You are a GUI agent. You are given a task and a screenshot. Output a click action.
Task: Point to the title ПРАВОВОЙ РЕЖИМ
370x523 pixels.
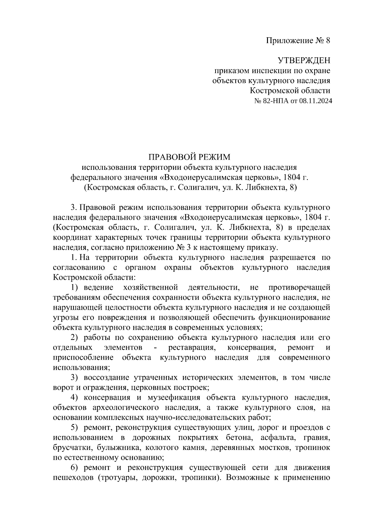point(189,157)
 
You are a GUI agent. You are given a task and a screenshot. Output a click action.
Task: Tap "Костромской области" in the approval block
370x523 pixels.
point(290,91)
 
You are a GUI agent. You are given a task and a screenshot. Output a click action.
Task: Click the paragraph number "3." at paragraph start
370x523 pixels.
point(73,207)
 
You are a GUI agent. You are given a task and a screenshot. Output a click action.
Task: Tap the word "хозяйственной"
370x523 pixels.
point(150,288)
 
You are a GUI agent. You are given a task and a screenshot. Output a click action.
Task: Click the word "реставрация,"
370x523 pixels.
point(191,348)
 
